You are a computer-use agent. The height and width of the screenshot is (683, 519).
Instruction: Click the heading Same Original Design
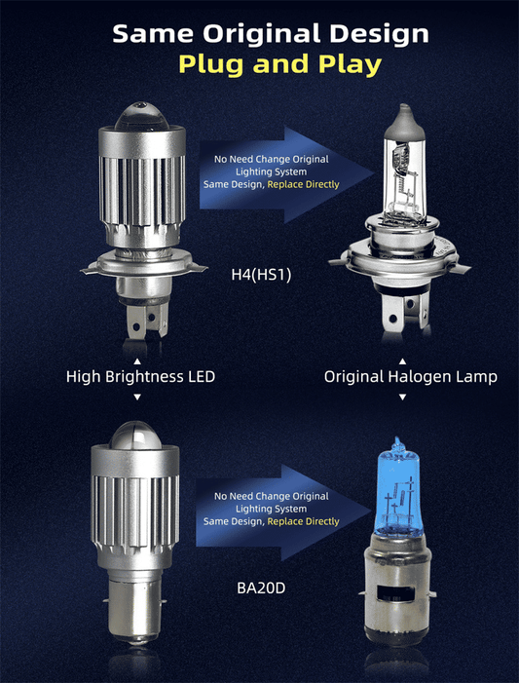pyautogui.click(x=270, y=33)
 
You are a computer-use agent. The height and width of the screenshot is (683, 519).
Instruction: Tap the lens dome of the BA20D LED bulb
pyautogui.click(x=136, y=433)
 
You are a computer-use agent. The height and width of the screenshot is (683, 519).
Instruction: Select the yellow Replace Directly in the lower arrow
pyautogui.click(x=303, y=521)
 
